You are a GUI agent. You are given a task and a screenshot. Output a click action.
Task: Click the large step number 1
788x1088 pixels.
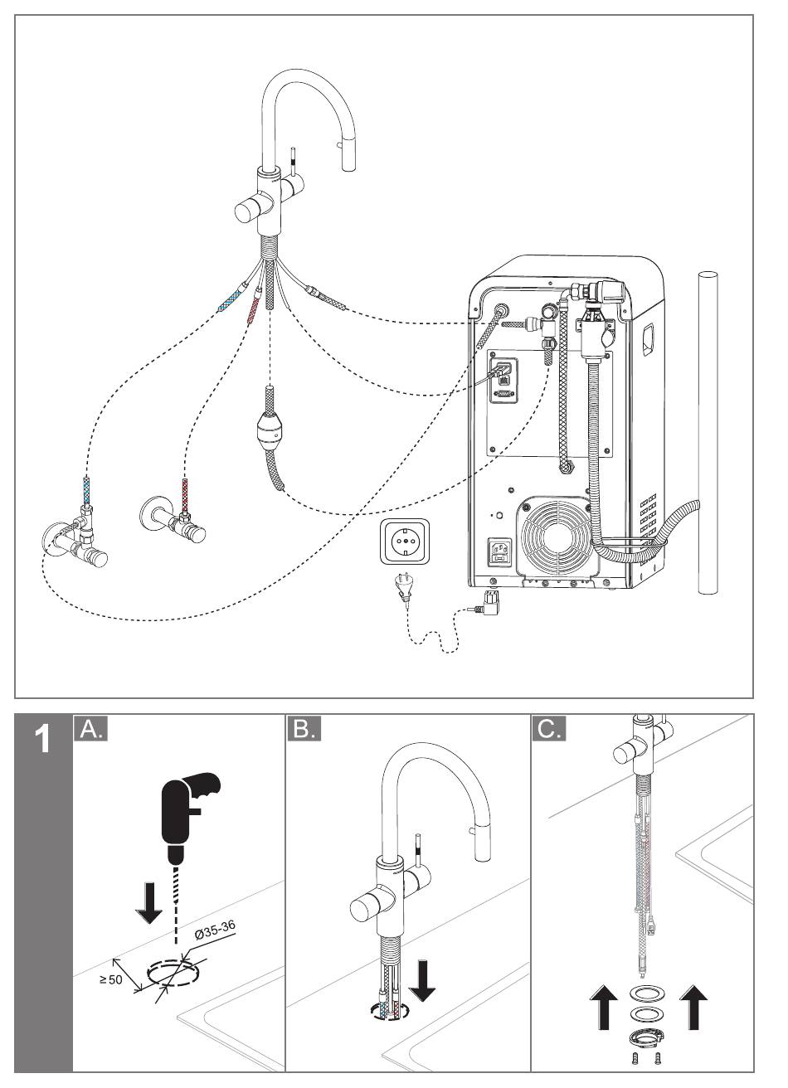[x=43, y=739]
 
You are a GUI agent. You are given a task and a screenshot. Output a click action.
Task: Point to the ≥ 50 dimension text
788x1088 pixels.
[x=111, y=979]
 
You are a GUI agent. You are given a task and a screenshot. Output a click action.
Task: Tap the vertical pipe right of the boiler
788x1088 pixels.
[x=707, y=431]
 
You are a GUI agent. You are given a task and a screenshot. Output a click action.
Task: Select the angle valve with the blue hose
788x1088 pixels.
[x=79, y=543]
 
